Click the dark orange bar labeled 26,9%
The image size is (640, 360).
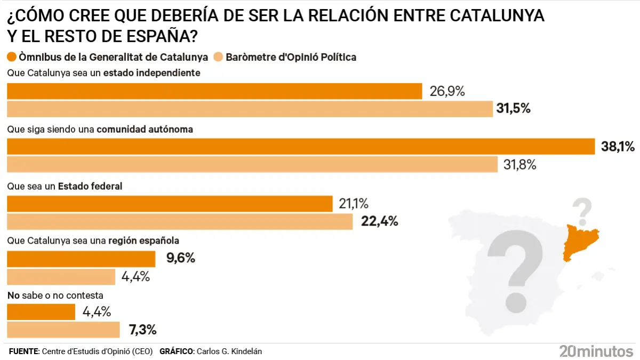(x=213, y=91)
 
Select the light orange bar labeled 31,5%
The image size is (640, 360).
(x=249, y=109)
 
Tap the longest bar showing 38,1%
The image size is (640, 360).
(x=300, y=147)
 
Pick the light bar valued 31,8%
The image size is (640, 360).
(x=252, y=164)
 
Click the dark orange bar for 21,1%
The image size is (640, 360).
(x=169, y=204)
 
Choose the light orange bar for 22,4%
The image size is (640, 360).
(x=179, y=221)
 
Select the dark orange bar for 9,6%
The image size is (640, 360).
(x=81, y=259)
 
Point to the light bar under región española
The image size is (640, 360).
(x=61, y=277)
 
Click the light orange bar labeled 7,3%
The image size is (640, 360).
(x=63, y=330)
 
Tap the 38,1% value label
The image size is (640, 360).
(x=618, y=147)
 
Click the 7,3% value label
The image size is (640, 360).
(x=142, y=330)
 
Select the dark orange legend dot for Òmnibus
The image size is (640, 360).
(x=11, y=57)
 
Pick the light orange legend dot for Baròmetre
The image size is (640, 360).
(x=218, y=57)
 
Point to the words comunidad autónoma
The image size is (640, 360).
(x=145, y=129)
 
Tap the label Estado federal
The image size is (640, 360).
(x=90, y=187)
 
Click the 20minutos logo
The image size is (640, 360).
(x=596, y=350)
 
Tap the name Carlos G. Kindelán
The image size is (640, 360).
(x=229, y=351)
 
